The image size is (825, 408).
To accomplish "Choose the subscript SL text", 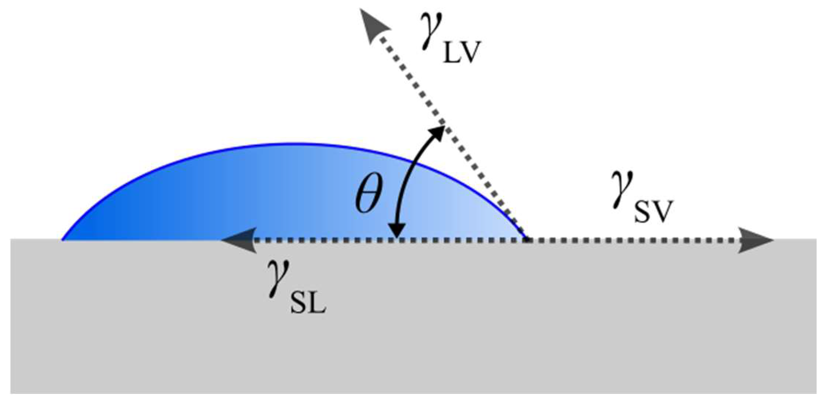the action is [x=308, y=303].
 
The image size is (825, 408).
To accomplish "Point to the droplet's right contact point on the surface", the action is [x=526, y=238].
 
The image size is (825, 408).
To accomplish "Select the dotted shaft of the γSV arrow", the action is [x=635, y=240].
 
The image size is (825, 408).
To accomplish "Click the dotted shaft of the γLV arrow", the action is [x=450, y=133].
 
